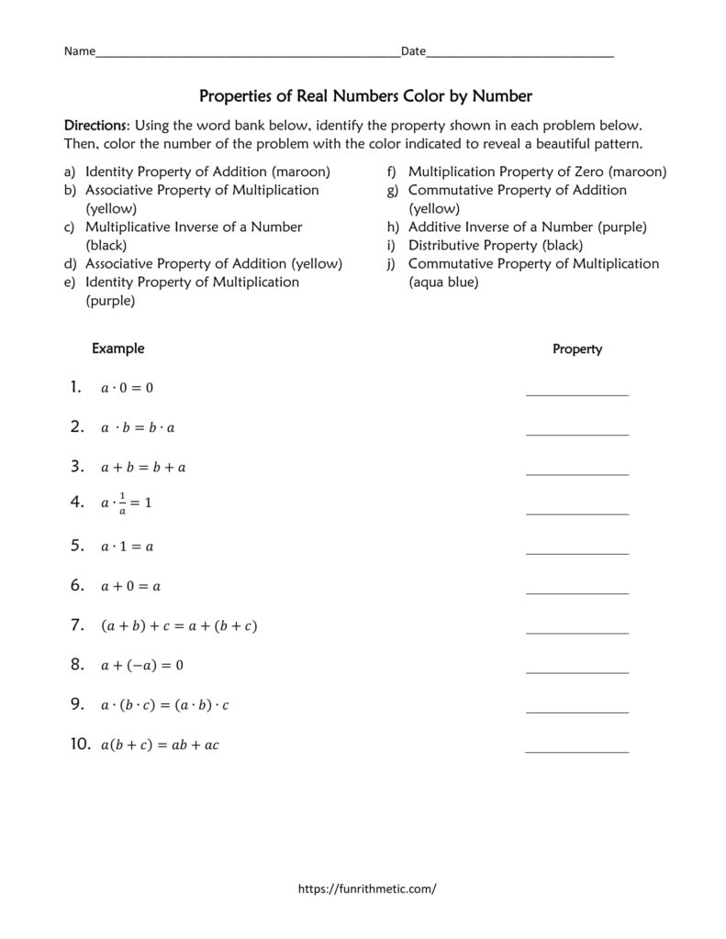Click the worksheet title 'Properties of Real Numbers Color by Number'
pos(365,95)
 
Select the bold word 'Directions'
pos(93,125)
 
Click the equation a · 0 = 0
pos(127,388)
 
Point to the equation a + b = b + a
pos(143,468)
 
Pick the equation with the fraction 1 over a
pos(126,503)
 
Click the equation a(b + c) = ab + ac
pos(160,746)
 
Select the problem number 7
pos(77,625)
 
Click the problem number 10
pos(79,745)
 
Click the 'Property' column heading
pos(577,349)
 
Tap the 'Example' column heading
pos(117,348)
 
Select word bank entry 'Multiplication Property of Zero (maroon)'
pos(537,171)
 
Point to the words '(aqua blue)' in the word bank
pos(443,282)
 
